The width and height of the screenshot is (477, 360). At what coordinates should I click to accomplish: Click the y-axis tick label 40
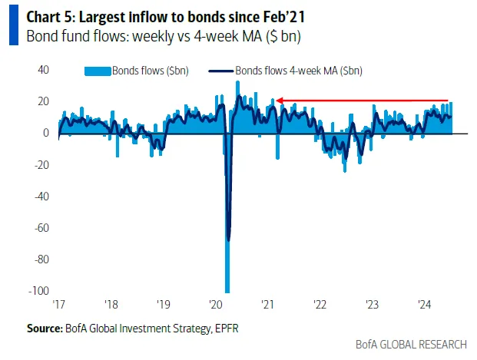(45, 70)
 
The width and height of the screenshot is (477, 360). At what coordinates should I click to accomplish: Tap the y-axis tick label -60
(42, 227)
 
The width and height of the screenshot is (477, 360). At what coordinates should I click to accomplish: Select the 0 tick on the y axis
(48, 133)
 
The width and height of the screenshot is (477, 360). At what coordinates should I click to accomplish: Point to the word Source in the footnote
(44, 328)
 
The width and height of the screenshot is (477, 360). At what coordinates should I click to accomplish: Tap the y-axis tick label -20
(42, 164)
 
